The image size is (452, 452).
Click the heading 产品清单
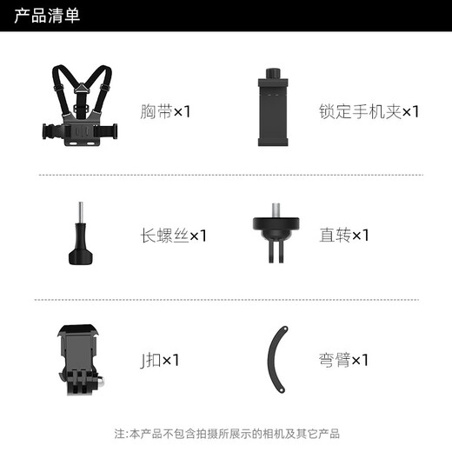(47, 17)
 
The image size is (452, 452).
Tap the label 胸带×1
(166, 111)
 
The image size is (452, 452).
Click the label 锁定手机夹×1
(369, 111)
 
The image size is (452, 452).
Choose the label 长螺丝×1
(173, 236)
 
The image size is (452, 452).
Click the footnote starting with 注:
(226, 434)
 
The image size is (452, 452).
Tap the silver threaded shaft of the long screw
(81, 216)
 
